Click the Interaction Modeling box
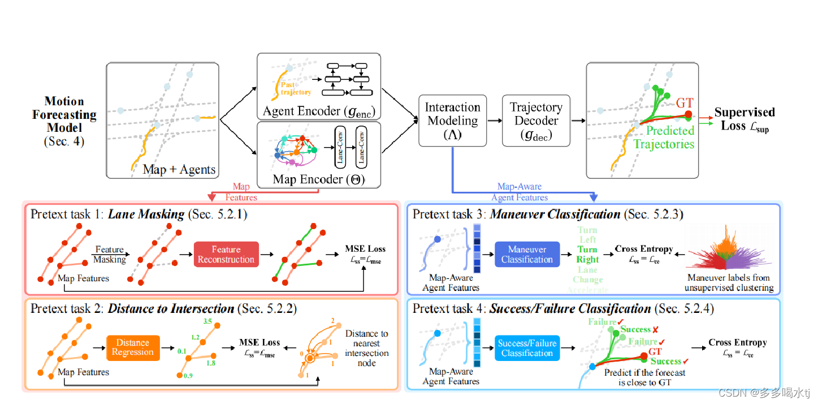pos(452,121)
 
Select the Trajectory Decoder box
pos(536,121)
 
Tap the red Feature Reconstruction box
pos(226,255)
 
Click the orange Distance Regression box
pos(133,347)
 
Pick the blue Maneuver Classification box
pos(527,255)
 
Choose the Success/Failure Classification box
pos(527,348)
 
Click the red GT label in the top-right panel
pos(684,103)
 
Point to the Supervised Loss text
pos(745,119)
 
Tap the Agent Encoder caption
pos(318,111)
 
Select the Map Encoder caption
pos(318,179)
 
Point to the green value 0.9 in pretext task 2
pos(188,376)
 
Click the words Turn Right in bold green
pos(587,254)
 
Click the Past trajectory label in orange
pos(296,88)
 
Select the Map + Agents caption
pos(179,169)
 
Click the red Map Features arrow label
pos(241,192)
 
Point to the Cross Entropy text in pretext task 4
pos(737,343)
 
